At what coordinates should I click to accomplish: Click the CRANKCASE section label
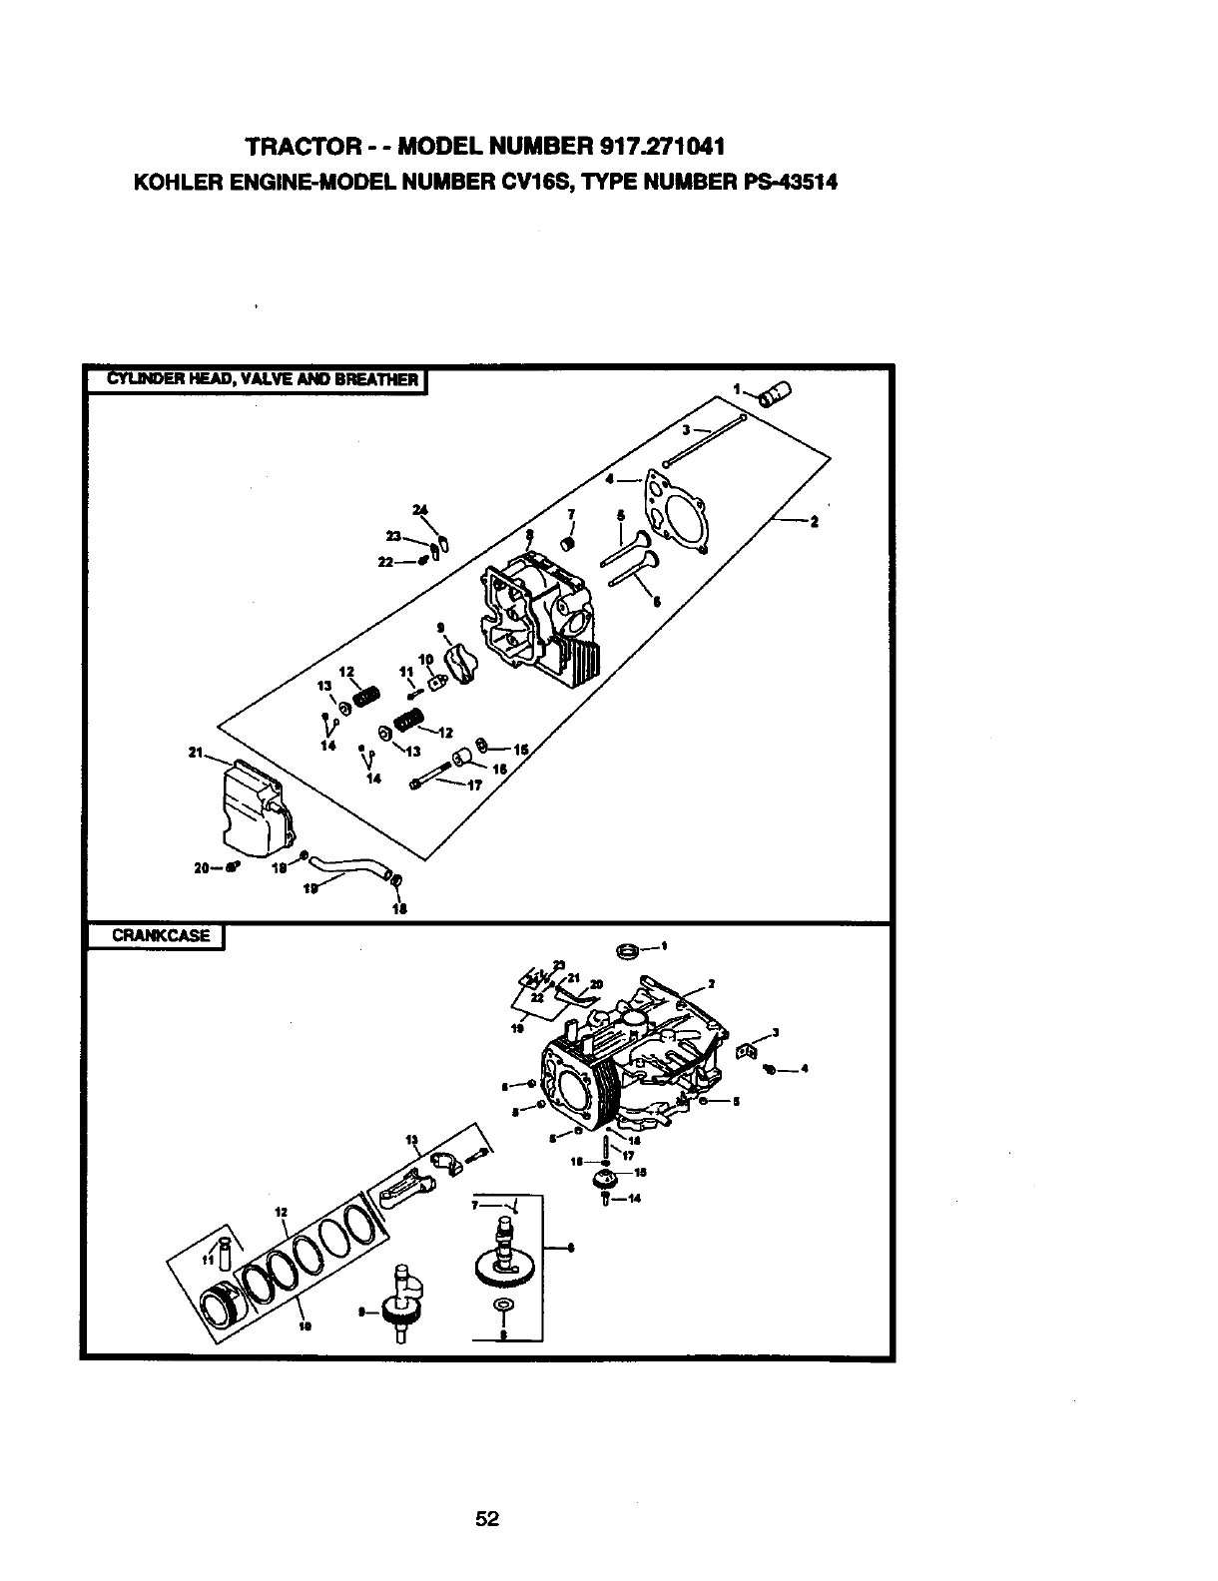tap(161, 936)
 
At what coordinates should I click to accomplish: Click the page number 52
tap(487, 1519)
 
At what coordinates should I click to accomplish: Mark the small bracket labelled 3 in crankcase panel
tap(744, 1051)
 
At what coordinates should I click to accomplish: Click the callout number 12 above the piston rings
tap(282, 1212)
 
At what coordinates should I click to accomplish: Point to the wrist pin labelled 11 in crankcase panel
tap(225, 1251)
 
